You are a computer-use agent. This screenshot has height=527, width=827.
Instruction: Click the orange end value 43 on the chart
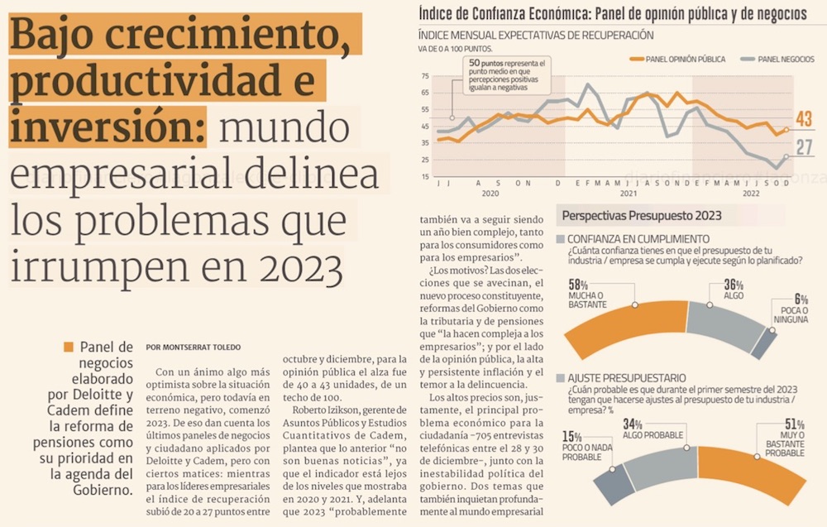point(803,120)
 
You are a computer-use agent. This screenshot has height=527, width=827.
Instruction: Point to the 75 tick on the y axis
point(425,76)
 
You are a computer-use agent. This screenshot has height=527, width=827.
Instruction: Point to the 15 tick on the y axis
point(425,176)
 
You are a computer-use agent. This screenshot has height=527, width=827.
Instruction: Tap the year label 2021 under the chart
point(628,194)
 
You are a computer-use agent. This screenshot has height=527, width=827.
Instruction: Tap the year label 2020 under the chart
point(490,194)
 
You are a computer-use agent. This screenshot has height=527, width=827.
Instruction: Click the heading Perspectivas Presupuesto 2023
point(641,216)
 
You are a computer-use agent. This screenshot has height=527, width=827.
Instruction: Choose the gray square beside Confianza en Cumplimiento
point(562,239)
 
